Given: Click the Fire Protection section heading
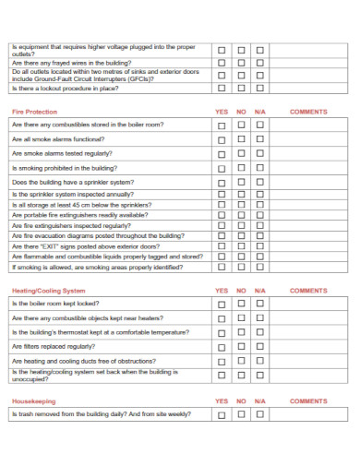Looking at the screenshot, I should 34,112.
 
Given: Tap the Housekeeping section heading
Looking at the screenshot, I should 34,401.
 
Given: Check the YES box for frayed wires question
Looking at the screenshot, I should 222,64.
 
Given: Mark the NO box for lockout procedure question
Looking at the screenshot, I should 241,90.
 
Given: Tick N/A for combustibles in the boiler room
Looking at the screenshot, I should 260,125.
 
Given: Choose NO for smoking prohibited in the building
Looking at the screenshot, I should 241,169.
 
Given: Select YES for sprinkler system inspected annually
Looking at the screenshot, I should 222,196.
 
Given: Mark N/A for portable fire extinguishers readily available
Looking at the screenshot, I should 260,215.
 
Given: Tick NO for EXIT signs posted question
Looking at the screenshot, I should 241,246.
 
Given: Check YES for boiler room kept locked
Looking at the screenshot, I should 222,304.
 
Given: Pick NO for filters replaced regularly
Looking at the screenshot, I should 241,347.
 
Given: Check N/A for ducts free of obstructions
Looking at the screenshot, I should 260,362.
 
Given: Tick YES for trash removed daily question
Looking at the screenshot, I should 222,415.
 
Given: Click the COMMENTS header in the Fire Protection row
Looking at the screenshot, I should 308,112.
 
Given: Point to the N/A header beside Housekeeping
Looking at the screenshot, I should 260,401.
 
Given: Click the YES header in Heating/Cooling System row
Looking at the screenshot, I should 222,290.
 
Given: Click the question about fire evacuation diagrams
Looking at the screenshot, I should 98,236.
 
